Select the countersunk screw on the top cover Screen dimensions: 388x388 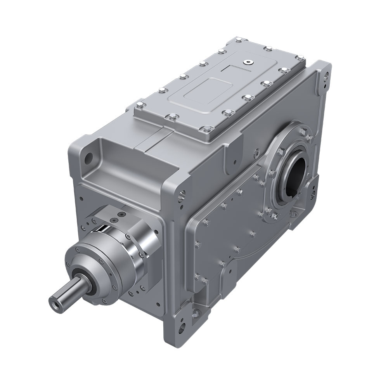click(x=247, y=61)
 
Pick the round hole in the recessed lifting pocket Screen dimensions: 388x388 click(x=89, y=158)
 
